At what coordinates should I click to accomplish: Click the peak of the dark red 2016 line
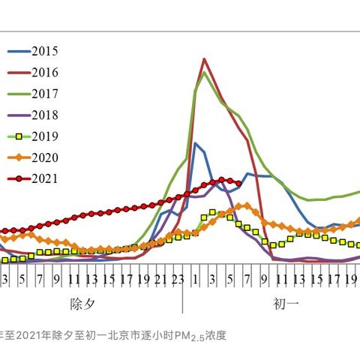tap(204, 58)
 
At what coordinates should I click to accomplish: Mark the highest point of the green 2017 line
tap(205, 72)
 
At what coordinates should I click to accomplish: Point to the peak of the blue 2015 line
tap(195, 142)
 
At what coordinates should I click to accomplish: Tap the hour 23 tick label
tap(178, 280)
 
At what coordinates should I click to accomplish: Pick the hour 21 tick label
tap(160, 280)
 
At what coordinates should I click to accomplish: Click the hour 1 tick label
tap(195, 280)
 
